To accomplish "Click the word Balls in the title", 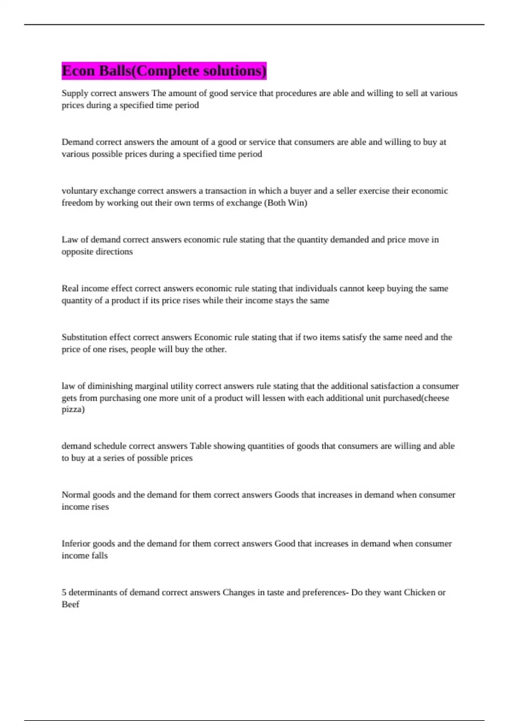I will [x=115, y=71].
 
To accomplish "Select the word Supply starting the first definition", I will [x=75, y=93].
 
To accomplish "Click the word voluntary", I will [x=79, y=191].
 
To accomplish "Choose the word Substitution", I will [x=84, y=337].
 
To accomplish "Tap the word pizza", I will [x=72, y=410].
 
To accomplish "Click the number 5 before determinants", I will [x=64, y=592].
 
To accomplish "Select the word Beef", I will [x=70, y=604].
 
